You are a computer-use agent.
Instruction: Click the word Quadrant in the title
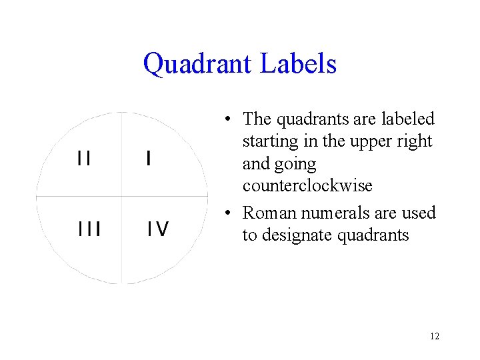(x=198, y=64)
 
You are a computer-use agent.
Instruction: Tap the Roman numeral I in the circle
(x=148, y=158)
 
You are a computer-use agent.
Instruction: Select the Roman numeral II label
(x=85, y=158)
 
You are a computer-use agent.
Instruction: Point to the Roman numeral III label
(x=88, y=229)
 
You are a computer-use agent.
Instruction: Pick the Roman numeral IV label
(x=158, y=229)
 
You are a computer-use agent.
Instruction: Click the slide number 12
(x=435, y=336)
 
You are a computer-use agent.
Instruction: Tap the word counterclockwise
(x=307, y=185)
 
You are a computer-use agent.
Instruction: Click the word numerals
(x=323, y=213)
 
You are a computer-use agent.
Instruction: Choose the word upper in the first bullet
(x=372, y=141)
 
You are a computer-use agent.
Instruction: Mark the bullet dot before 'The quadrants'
(x=228, y=120)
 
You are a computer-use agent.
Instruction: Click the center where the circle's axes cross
(x=122, y=197)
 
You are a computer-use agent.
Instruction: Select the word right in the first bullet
(x=417, y=141)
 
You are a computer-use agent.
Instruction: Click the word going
(x=297, y=163)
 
